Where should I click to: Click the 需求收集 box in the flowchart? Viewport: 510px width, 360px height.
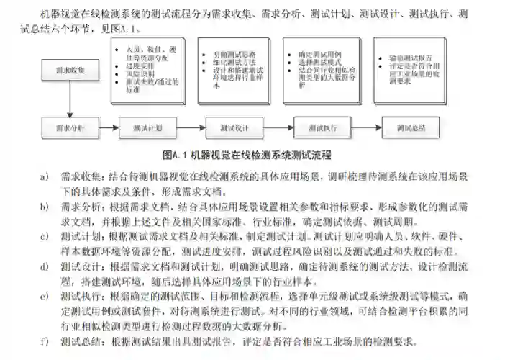point(70,71)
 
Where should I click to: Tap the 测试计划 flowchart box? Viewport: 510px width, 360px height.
point(148,127)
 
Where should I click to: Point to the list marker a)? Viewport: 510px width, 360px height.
point(45,176)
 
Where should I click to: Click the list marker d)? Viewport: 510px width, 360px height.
point(45,266)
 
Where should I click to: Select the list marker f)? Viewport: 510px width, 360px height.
point(45,341)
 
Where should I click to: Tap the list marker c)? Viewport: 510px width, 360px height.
point(45,235)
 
